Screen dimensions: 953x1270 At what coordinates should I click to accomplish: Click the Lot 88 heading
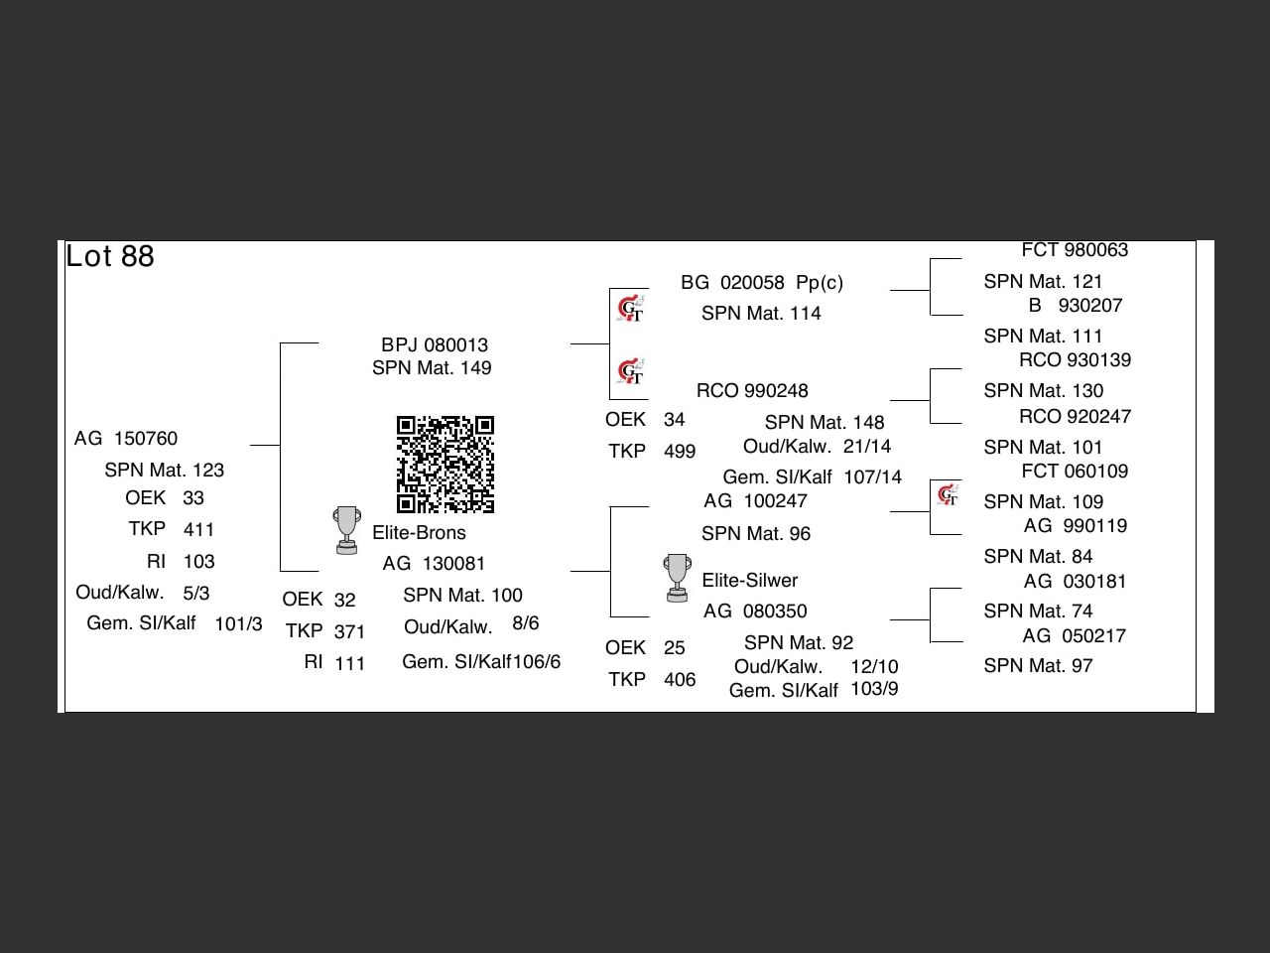[x=110, y=256]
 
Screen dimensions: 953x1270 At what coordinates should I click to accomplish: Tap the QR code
[x=445, y=465]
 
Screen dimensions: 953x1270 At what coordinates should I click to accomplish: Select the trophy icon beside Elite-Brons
[x=346, y=530]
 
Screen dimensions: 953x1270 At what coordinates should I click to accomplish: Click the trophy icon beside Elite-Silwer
[x=677, y=578]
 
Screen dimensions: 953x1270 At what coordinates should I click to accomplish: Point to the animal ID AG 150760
[x=126, y=439]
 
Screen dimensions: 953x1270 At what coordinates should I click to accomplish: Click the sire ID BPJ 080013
[x=435, y=345]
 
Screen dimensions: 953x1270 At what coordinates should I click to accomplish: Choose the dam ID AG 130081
[x=434, y=564]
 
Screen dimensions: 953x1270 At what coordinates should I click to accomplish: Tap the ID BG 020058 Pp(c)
[x=762, y=283]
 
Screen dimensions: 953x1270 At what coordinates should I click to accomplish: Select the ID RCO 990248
[x=752, y=391]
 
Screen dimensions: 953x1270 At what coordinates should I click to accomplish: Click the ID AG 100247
[x=755, y=501]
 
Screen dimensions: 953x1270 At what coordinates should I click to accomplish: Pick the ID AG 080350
[x=755, y=612]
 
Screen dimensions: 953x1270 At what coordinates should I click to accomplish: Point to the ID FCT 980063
[x=1075, y=250]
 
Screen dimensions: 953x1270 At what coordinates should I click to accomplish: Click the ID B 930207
[x=1076, y=306]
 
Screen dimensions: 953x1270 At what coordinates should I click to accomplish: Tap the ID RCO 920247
[x=1075, y=417]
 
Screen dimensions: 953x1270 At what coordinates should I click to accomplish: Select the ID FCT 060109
[x=1075, y=472]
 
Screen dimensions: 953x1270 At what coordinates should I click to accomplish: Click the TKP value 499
[x=680, y=452]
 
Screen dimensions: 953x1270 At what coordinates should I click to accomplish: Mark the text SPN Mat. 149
[x=432, y=368]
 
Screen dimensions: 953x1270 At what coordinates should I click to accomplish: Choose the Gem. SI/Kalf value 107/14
[x=873, y=477]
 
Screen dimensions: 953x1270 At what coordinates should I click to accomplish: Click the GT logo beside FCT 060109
[x=948, y=493]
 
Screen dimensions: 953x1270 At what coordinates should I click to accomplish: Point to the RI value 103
[x=199, y=562]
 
